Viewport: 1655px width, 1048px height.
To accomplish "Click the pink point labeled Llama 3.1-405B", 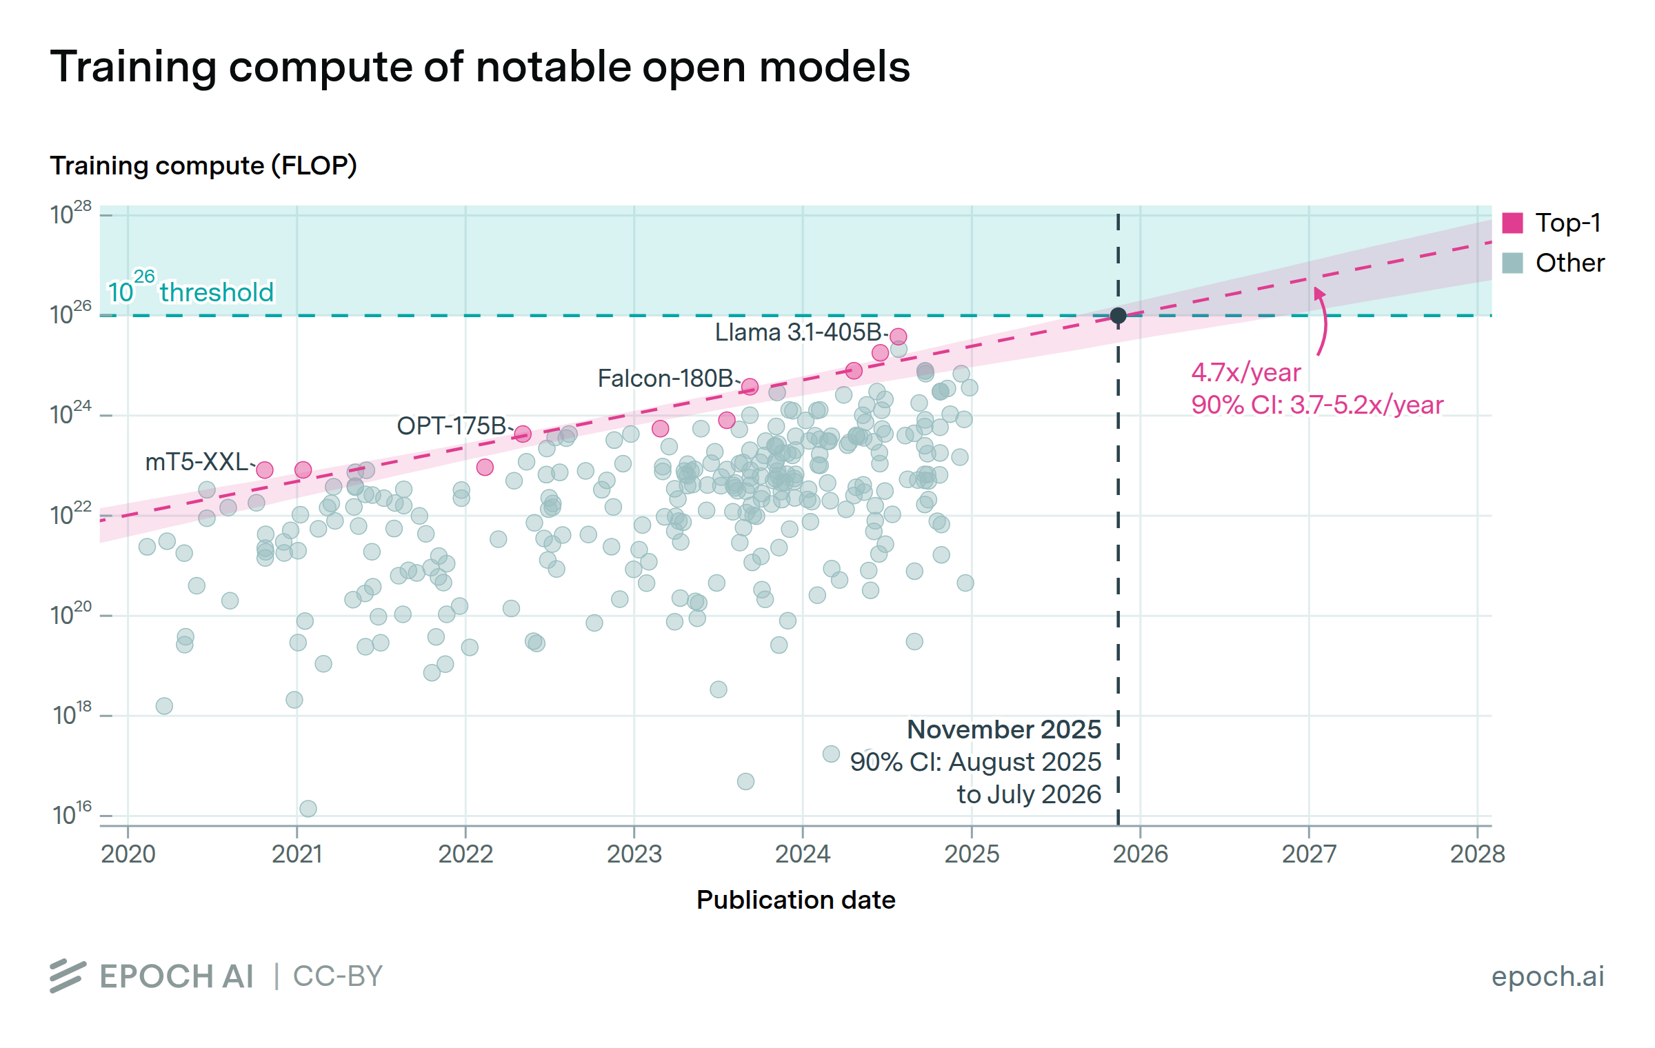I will click(x=898, y=336).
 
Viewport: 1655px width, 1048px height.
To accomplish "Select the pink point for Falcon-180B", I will click(x=750, y=387).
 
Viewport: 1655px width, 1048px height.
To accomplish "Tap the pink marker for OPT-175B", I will click(x=523, y=434).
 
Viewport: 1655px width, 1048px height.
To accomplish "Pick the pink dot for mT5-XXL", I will click(x=265, y=470).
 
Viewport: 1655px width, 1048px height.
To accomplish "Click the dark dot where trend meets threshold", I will click(x=1119, y=316).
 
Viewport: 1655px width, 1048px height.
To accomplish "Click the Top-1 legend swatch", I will click(x=1512, y=223).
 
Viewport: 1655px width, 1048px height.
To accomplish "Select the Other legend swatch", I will click(x=1512, y=263).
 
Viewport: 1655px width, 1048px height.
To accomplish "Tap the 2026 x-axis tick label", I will click(x=1141, y=854).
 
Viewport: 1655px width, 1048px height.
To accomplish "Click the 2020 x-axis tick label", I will click(x=128, y=854).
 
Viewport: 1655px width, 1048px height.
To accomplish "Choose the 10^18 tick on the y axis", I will click(x=72, y=714).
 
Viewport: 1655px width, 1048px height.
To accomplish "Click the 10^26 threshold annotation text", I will click(x=191, y=290).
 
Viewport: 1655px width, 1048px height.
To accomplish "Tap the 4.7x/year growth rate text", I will click(x=1246, y=373).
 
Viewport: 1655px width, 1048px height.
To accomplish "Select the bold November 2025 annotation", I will click(x=1004, y=729).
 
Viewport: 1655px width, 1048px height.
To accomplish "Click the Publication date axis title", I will click(x=796, y=900).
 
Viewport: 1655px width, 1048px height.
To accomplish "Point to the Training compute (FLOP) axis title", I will click(x=203, y=165).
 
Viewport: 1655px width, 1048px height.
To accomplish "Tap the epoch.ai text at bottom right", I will click(x=1547, y=976).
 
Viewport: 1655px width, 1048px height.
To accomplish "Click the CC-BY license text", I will click(x=338, y=976).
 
